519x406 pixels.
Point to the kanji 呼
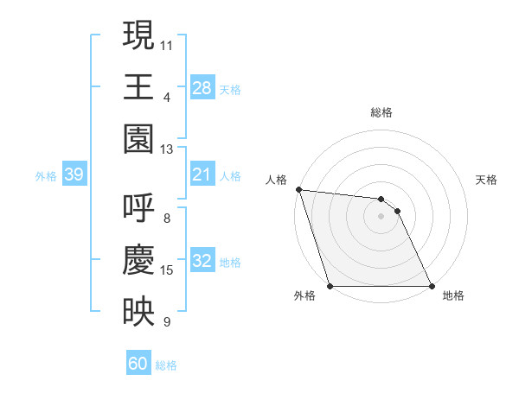[x=138, y=207]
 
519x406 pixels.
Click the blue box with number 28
[x=202, y=87]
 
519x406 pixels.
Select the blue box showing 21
[x=202, y=175]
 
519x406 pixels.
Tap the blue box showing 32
[x=202, y=262]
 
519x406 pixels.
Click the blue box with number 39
[x=74, y=175]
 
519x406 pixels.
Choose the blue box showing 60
[x=138, y=364]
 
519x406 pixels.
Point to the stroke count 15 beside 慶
[x=167, y=270]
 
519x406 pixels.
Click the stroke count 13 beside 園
[x=167, y=149]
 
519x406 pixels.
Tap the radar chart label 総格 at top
[x=381, y=112]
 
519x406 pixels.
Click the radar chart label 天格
[x=487, y=180]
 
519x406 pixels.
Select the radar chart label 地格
[x=453, y=296]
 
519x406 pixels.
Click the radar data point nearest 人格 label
[x=298, y=190]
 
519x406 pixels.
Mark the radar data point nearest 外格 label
[x=330, y=286]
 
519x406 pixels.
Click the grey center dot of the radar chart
[x=381, y=216]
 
